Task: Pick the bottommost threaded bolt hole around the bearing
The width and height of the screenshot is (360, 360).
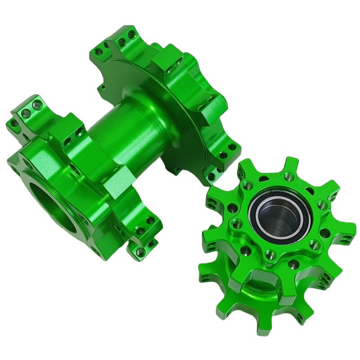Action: (x=271, y=255)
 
